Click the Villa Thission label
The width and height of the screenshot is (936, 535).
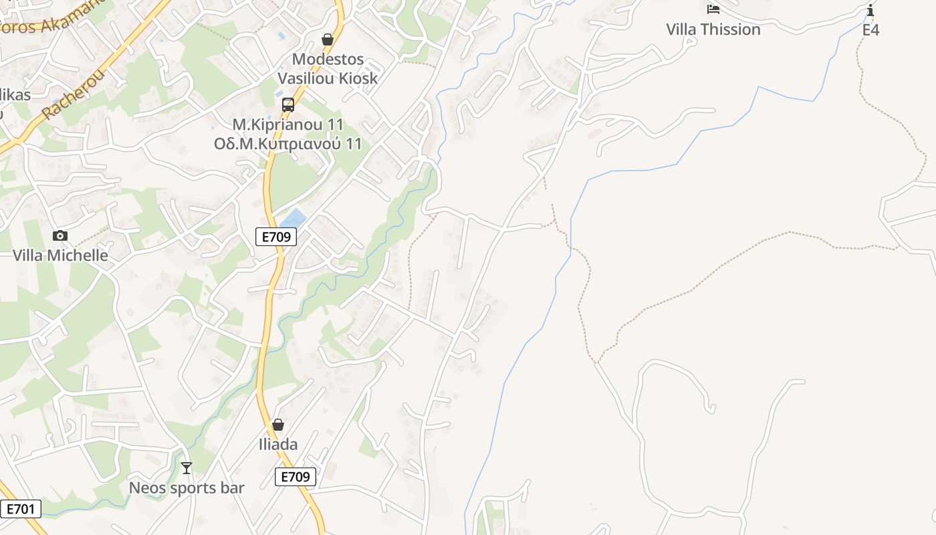click(x=713, y=29)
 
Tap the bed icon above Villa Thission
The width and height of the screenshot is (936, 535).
click(x=713, y=9)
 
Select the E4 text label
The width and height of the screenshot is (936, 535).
click(x=870, y=29)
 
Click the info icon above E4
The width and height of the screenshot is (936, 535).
click(x=870, y=10)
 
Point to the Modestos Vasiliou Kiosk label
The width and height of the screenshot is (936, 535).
click(x=328, y=69)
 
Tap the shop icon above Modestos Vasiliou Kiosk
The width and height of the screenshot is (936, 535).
click(x=328, y=40)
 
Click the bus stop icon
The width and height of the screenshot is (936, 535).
click(x=288, y=105)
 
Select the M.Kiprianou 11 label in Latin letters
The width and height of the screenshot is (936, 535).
click(x=288, y=125)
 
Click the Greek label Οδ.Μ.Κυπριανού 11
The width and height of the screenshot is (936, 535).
click(x=288, y=144)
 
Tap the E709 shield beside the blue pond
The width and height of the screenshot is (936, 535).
click(x=276, y=236)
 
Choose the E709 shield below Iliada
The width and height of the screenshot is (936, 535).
click(x=296, y=477)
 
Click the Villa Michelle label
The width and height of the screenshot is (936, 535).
click(x=60, y=255)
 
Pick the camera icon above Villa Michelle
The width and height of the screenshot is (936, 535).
click(x=60, y=235)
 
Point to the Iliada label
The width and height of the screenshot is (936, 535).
click(x=278, y=444)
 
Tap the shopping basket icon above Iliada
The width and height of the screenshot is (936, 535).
click(x=278, y=425)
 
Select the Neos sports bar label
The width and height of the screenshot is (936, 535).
click(x=187, y=488)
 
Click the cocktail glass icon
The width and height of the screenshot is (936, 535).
click(x=187, y=468)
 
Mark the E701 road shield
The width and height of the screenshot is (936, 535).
click(x=21, y=509)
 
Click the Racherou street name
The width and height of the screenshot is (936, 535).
click(x=74, y=94)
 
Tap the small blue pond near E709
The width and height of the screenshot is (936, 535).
click(x=292, y=219)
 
